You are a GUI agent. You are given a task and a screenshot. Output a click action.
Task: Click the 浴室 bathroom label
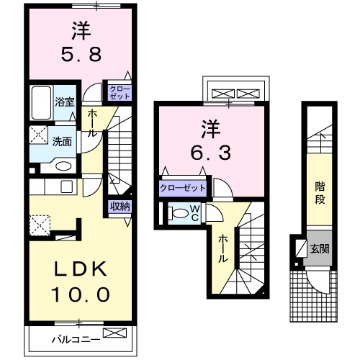coord(66,102)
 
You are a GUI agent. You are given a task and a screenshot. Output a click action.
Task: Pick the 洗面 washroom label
coord(62,141)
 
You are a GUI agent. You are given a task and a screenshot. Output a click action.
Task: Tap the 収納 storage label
coord(120,207)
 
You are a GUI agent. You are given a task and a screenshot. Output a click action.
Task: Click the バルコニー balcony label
coord(74,338)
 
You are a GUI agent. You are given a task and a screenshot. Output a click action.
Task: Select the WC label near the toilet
coord(195,212)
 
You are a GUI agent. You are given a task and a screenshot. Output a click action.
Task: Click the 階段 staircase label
coord(319,192)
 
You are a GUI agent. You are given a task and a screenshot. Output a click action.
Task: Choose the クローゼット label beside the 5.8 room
coord(120,91)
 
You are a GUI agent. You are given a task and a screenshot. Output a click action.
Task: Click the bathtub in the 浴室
coord(42,100)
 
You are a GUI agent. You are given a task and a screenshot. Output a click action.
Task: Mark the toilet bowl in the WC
coord(177,213)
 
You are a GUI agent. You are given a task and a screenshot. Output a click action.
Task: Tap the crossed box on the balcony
coord(114,333)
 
